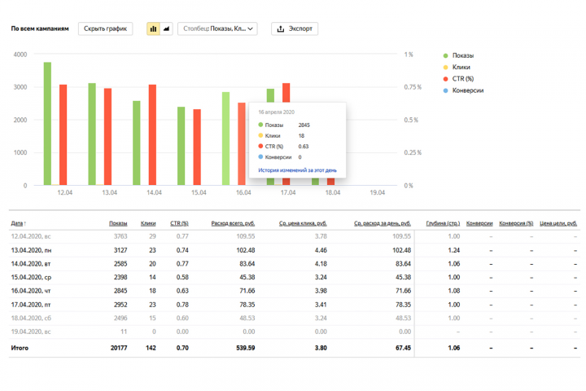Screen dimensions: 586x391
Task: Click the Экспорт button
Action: point(295,29)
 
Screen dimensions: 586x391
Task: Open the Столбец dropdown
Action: point(217,29)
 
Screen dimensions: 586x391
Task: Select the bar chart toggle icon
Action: point(153,29)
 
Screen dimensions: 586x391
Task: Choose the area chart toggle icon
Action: point(166,29)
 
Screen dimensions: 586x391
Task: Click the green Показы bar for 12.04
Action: point(47,124)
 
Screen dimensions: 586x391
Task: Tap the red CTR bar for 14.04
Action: point(152,134)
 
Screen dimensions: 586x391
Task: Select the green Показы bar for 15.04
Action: point(181,146)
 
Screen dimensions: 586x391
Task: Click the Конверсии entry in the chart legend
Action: point(463,90)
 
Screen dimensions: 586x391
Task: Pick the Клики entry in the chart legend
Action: point(457,68)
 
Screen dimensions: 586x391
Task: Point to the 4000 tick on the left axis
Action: point(20,55)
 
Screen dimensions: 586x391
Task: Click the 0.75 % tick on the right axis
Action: point(413,87)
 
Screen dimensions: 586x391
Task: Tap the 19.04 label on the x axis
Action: point(377,193)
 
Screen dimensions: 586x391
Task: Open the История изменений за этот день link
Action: point(298,170)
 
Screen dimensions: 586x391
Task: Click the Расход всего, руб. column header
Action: point(233,223)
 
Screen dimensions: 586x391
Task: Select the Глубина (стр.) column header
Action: point(443,223)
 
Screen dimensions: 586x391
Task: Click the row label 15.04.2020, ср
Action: point(31,277)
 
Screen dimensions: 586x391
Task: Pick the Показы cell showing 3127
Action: point(120,250)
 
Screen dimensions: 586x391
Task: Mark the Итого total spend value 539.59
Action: point(246,348)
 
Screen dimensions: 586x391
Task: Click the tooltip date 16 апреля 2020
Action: point(276,112)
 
